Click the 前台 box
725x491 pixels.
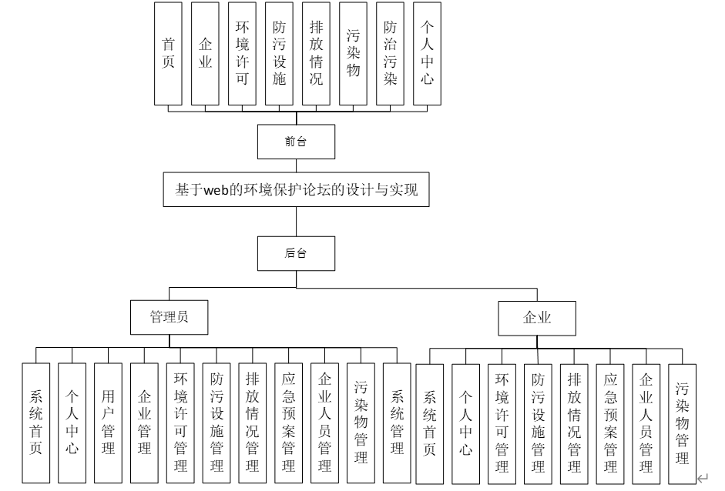(x=296, y=142)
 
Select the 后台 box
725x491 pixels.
(x=296, y=252)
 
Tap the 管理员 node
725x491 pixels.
(x=169, y=316)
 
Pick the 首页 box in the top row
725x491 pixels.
(x=168, y=54)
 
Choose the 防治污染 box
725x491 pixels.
(x=391, y=54)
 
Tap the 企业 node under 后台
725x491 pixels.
(x=537, y=316)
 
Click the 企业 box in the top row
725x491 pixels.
(x=205, y=54)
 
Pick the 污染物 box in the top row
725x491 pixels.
(x=354, y=54)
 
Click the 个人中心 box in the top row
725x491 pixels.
(x=428, y=54)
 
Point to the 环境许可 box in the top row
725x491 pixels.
(x=242, y=54)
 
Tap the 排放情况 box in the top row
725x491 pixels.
(x=316, y=54)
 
